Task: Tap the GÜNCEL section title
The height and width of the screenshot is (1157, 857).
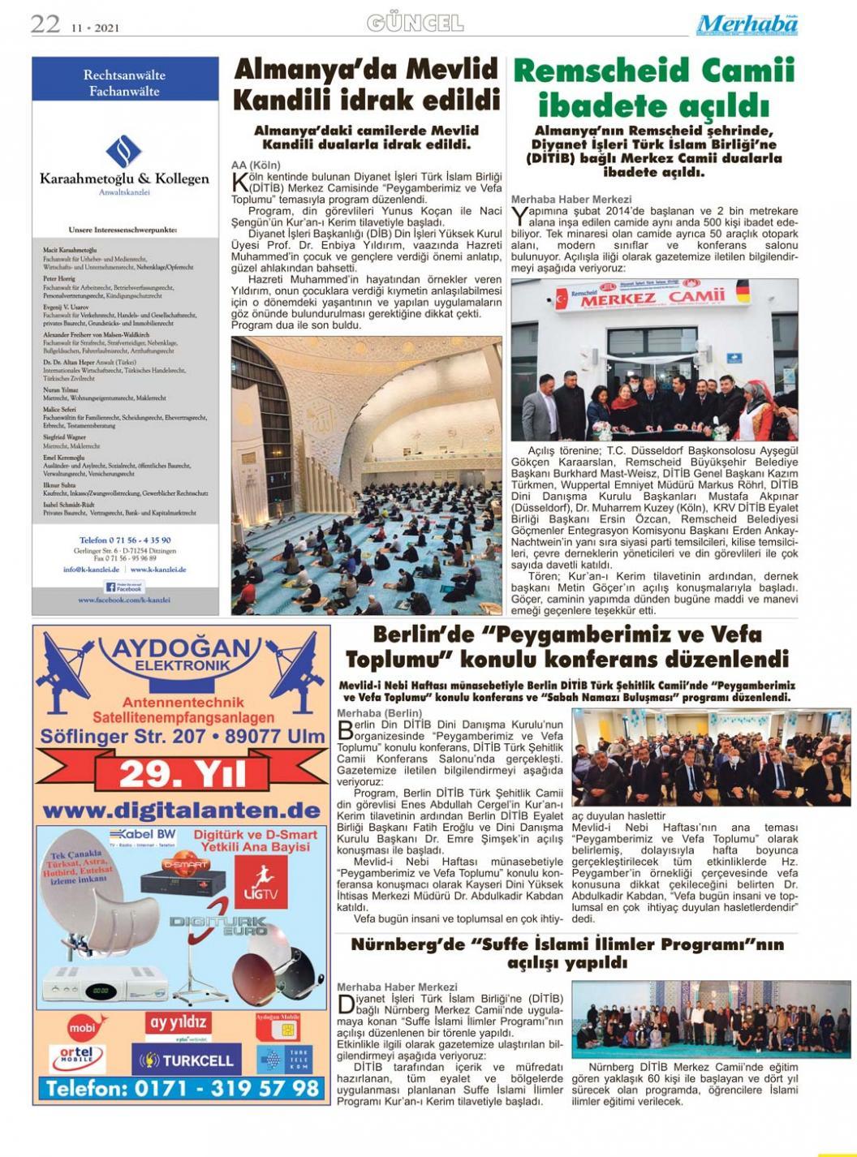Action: click(415, 23)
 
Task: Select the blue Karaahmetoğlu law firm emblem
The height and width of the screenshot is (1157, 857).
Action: click(124, 152)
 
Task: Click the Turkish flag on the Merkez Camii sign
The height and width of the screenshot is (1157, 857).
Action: click(559, 297)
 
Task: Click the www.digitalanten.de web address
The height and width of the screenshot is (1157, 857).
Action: click(181, 811)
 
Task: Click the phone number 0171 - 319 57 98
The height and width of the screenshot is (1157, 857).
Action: click(182, 1088)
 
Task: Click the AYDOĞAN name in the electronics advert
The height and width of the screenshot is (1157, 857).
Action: click(182, 649)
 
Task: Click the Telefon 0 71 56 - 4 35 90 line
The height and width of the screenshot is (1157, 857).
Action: click(124, 540)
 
